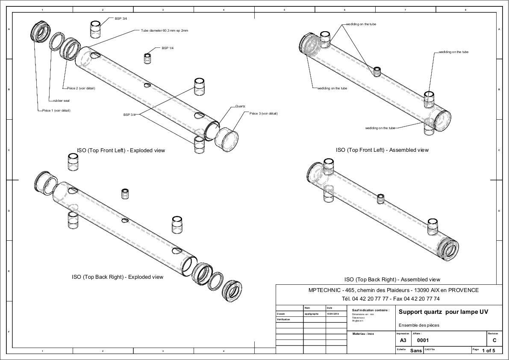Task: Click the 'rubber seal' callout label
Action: click(x=61, y=101)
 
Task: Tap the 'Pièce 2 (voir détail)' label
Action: click(x=81, y=89)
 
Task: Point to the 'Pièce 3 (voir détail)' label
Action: click(x=264, y=113)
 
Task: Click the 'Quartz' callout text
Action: click(x=240, y=106)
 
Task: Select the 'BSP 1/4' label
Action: click(x=168, y=48)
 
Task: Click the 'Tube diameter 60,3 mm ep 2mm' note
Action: click(x=165, y=31)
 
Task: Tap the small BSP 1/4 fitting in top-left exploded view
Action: click(x=148, y=58)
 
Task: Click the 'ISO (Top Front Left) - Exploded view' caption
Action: click(x=121, y=150)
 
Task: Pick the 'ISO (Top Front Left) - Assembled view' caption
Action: click(x=382, y=150)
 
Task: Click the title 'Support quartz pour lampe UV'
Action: click(x=443, y=312)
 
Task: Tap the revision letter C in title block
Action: click(x=494, y=341)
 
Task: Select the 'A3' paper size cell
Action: click(x=403, y=341)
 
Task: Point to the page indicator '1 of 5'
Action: click(x=488, y=351)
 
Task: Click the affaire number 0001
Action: click(x=423, y=341)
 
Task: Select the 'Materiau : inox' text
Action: click(x=363, y=334)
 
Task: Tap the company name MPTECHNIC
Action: click(x=324, y=290)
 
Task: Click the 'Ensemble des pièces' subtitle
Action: click(x=419, y=325)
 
